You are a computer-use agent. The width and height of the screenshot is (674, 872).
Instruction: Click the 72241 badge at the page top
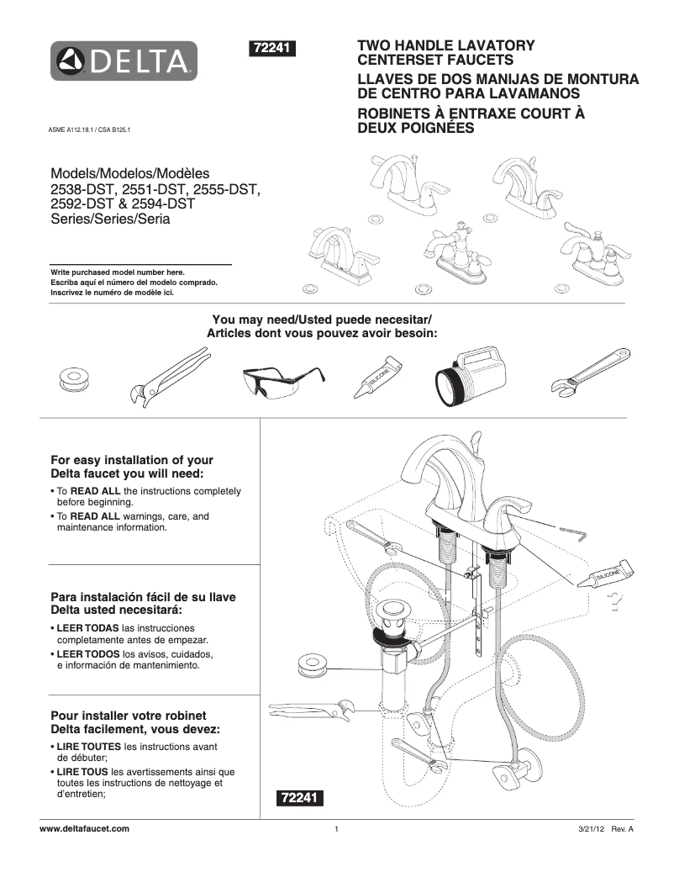click(271, 49)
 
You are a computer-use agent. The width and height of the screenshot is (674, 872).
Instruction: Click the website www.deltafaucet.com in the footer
click(85, 829)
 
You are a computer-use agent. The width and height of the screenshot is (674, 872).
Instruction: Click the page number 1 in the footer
click(336, 830)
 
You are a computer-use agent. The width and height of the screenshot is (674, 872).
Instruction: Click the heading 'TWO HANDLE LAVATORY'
click(446, 45)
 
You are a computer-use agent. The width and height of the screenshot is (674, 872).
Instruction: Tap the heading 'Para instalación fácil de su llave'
click(144, 596)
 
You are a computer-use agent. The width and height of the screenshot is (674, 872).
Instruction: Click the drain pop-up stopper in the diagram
click(391, 609)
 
